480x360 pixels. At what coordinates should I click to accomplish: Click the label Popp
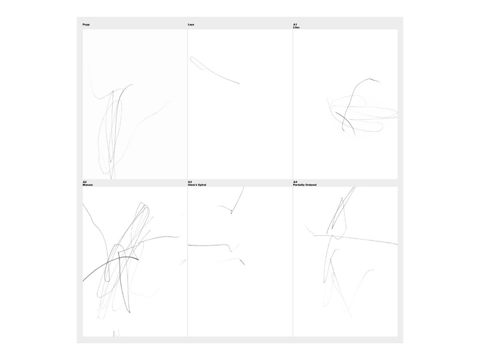[x=86, y=24]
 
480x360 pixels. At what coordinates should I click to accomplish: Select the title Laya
[x=191, y=24]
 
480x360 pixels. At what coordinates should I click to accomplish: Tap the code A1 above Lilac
[x=295, y=24]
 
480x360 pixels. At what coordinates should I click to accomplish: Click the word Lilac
[x=296, y=27]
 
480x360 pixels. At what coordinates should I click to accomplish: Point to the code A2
[x=84, y=182]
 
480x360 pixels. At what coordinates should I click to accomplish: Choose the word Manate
[x=88, y=185]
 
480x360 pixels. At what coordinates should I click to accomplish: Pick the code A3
[x=190, y=182]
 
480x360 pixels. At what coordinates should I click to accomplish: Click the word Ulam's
[x=192, y=185]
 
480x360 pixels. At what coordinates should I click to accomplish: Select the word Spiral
[x=202, y=185]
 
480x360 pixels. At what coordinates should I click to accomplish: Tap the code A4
[x=295, y=182]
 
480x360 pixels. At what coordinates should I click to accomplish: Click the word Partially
[x=299, y=185]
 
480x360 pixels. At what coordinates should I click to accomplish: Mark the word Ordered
[x=311, y=185]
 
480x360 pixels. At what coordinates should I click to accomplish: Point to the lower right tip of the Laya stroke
[x=239, y=84]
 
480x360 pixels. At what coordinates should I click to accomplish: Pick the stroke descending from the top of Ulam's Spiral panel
[x=238, y=200]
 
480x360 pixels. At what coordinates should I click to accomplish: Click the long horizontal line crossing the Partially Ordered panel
[x=355, y=239]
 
